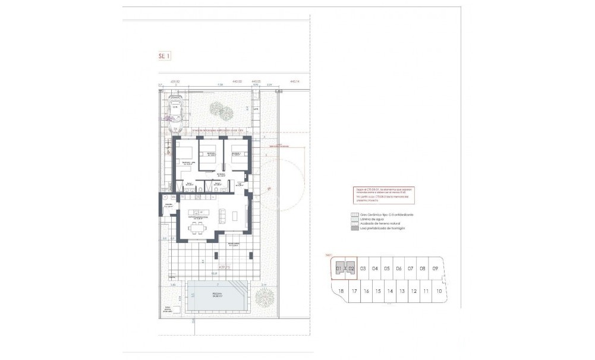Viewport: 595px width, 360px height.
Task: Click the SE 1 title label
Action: tap(165, 56)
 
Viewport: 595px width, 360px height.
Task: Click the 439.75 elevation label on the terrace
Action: tap(207, 267)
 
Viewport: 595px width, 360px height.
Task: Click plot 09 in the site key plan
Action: tap(435, 269)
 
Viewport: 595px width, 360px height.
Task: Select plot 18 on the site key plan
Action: tap(341, 291)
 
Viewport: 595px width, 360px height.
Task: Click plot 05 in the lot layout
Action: tap(387, 269)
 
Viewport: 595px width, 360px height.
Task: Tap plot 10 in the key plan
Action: tap(438, 291)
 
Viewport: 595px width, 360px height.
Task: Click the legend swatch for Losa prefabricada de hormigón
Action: tap(355, 228)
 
